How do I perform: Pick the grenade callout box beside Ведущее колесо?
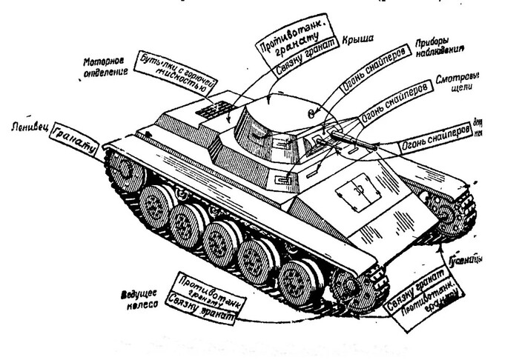[x=199, y=298]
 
